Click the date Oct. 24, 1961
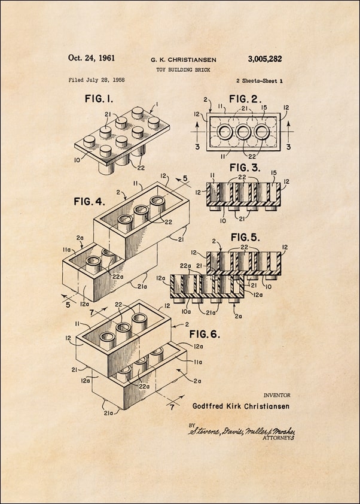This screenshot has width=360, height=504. click(x=91, y=58)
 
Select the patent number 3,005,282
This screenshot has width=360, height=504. click(x=264, y=59)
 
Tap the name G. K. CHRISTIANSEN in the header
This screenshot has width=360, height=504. click(x=183, y=60)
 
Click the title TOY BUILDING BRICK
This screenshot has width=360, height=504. click(x=183, y=69)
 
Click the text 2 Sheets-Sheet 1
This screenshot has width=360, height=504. click(x=259, y=80)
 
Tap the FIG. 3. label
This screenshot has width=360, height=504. click(x=246, y=167)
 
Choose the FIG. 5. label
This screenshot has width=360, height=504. click(x=246, y=237)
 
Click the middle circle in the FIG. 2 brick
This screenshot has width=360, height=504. click(x=244, y=132)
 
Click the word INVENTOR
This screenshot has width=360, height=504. click(x=277, y=395)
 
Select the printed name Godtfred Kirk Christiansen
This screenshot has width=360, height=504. click(x=241, y=406)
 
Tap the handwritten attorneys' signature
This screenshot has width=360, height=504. click(x=242, y=432)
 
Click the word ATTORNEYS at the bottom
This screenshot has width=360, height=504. click(x=279, y=438)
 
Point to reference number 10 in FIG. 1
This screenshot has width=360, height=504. click(x=77, y=160)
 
